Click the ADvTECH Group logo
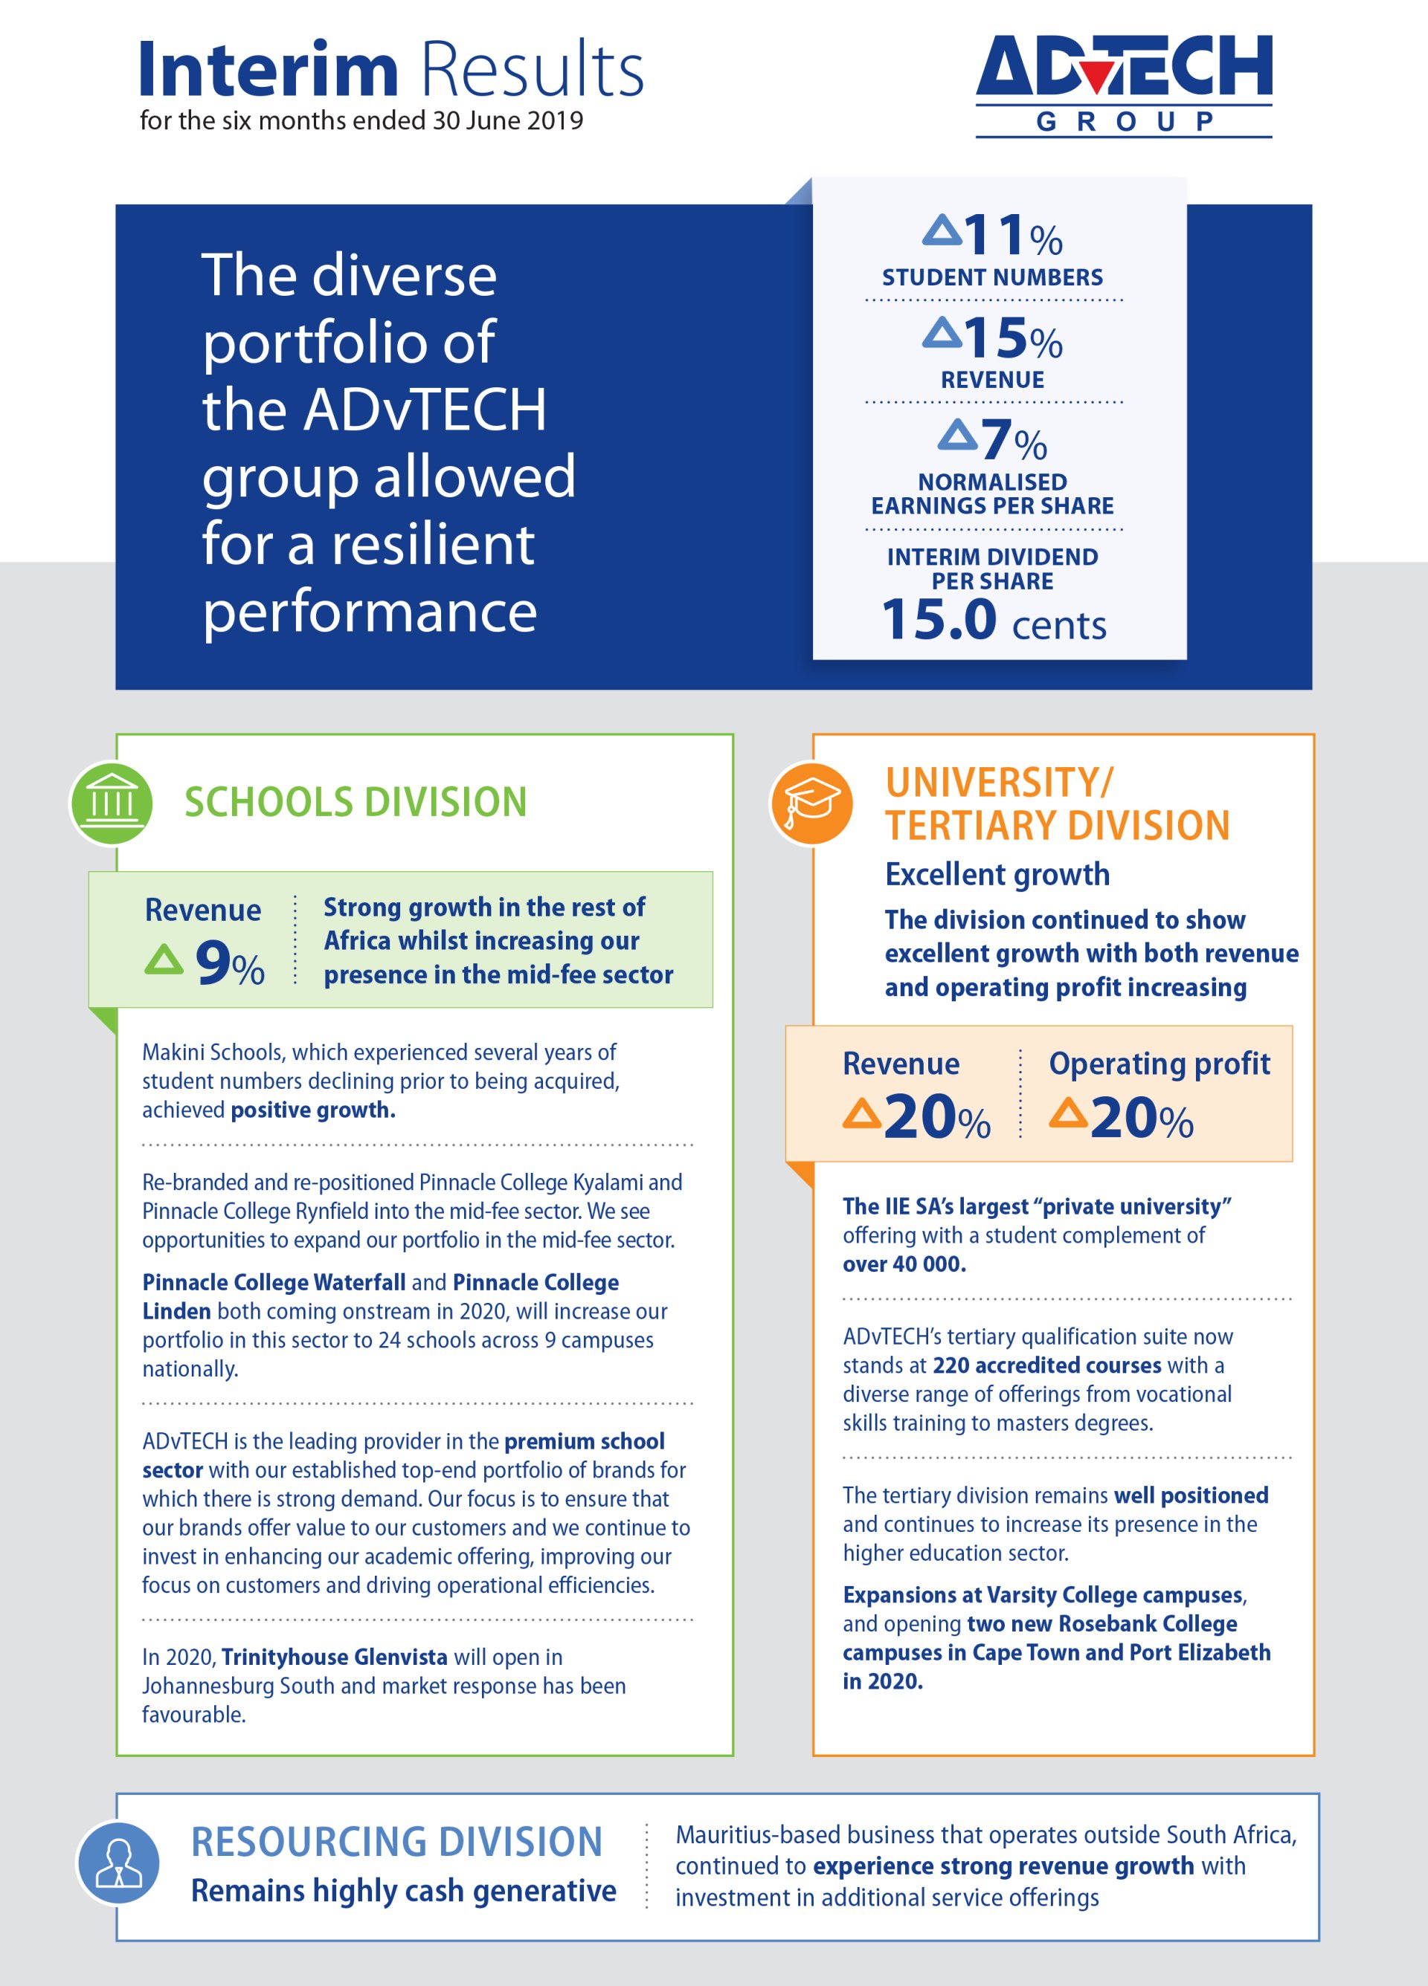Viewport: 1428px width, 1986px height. pyautogui.click(x=1123, y=85)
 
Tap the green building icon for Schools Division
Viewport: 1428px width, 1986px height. pyautogui.click(x=112, y=802)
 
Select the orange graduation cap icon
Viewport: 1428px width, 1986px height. pyautogui.click(x=811, y=803)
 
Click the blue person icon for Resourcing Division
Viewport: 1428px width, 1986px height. pyautogui.click(x=118, y=1863)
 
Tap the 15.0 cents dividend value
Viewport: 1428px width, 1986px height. pyautogui.click(x=994, y=621)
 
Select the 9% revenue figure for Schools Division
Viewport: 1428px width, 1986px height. pyautogui.click(x=228, y=963)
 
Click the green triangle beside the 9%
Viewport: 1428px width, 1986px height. pyautogui.click(x=164, y=959)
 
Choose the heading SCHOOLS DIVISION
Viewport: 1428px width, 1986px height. pyautogui.click(x=355, y=802)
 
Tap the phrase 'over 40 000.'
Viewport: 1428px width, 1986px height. pyautogui.click(x=904, y=1264)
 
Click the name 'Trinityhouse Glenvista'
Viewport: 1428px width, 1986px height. pyautogui.click(x=334, y=1657)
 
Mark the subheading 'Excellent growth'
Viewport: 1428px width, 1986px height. pyautogui.click(x=997, y=874)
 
